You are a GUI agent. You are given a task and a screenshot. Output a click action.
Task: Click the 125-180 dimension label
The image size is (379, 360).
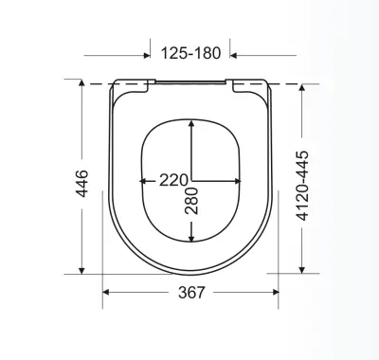tap(190, 53)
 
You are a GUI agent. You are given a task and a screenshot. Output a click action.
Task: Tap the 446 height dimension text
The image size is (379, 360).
tap(82, 184)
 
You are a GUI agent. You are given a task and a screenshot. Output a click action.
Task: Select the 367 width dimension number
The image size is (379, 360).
tap(191, 293)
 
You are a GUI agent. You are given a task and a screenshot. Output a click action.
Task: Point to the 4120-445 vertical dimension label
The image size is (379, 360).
tap(302, 186)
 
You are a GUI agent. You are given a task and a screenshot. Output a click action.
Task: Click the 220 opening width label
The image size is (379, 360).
tap(173, 180)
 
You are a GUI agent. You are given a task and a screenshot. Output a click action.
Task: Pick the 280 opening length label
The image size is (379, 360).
tap(191, 201)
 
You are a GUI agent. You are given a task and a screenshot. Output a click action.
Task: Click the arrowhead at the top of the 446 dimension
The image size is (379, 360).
tap(81, 82)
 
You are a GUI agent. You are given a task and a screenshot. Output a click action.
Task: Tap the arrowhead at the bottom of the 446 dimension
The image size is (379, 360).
tap(81, 271)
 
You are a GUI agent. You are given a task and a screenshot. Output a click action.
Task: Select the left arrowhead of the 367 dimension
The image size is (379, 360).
tap(106, 293)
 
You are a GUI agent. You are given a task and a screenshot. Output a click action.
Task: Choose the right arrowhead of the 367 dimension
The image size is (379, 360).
tap(276, 293)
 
